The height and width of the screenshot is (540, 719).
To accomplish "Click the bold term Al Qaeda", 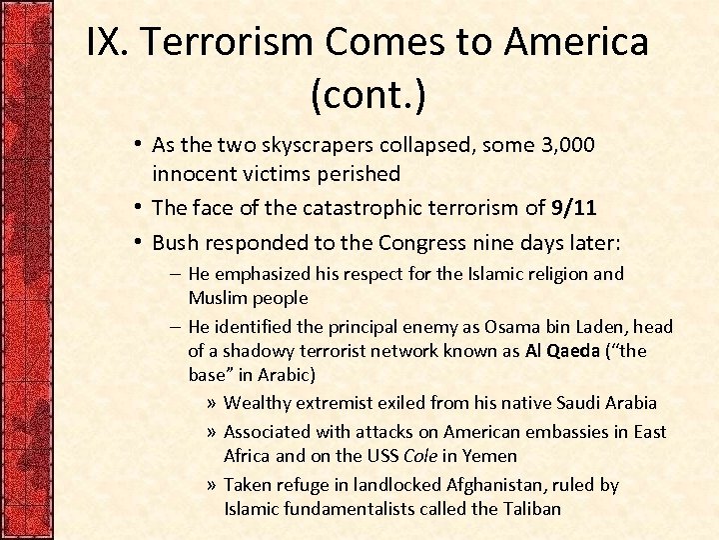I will click(562, 351).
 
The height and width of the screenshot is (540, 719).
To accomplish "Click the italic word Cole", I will click(422, 456).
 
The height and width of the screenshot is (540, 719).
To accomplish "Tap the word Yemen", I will click(495, 456).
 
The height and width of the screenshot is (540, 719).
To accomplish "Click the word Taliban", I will click(528, 509).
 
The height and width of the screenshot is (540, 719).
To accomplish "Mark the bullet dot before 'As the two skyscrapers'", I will click(141, 145).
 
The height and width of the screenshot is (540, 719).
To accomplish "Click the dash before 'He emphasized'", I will click(175, 274).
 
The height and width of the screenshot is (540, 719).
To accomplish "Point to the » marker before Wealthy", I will click(210, 403).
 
